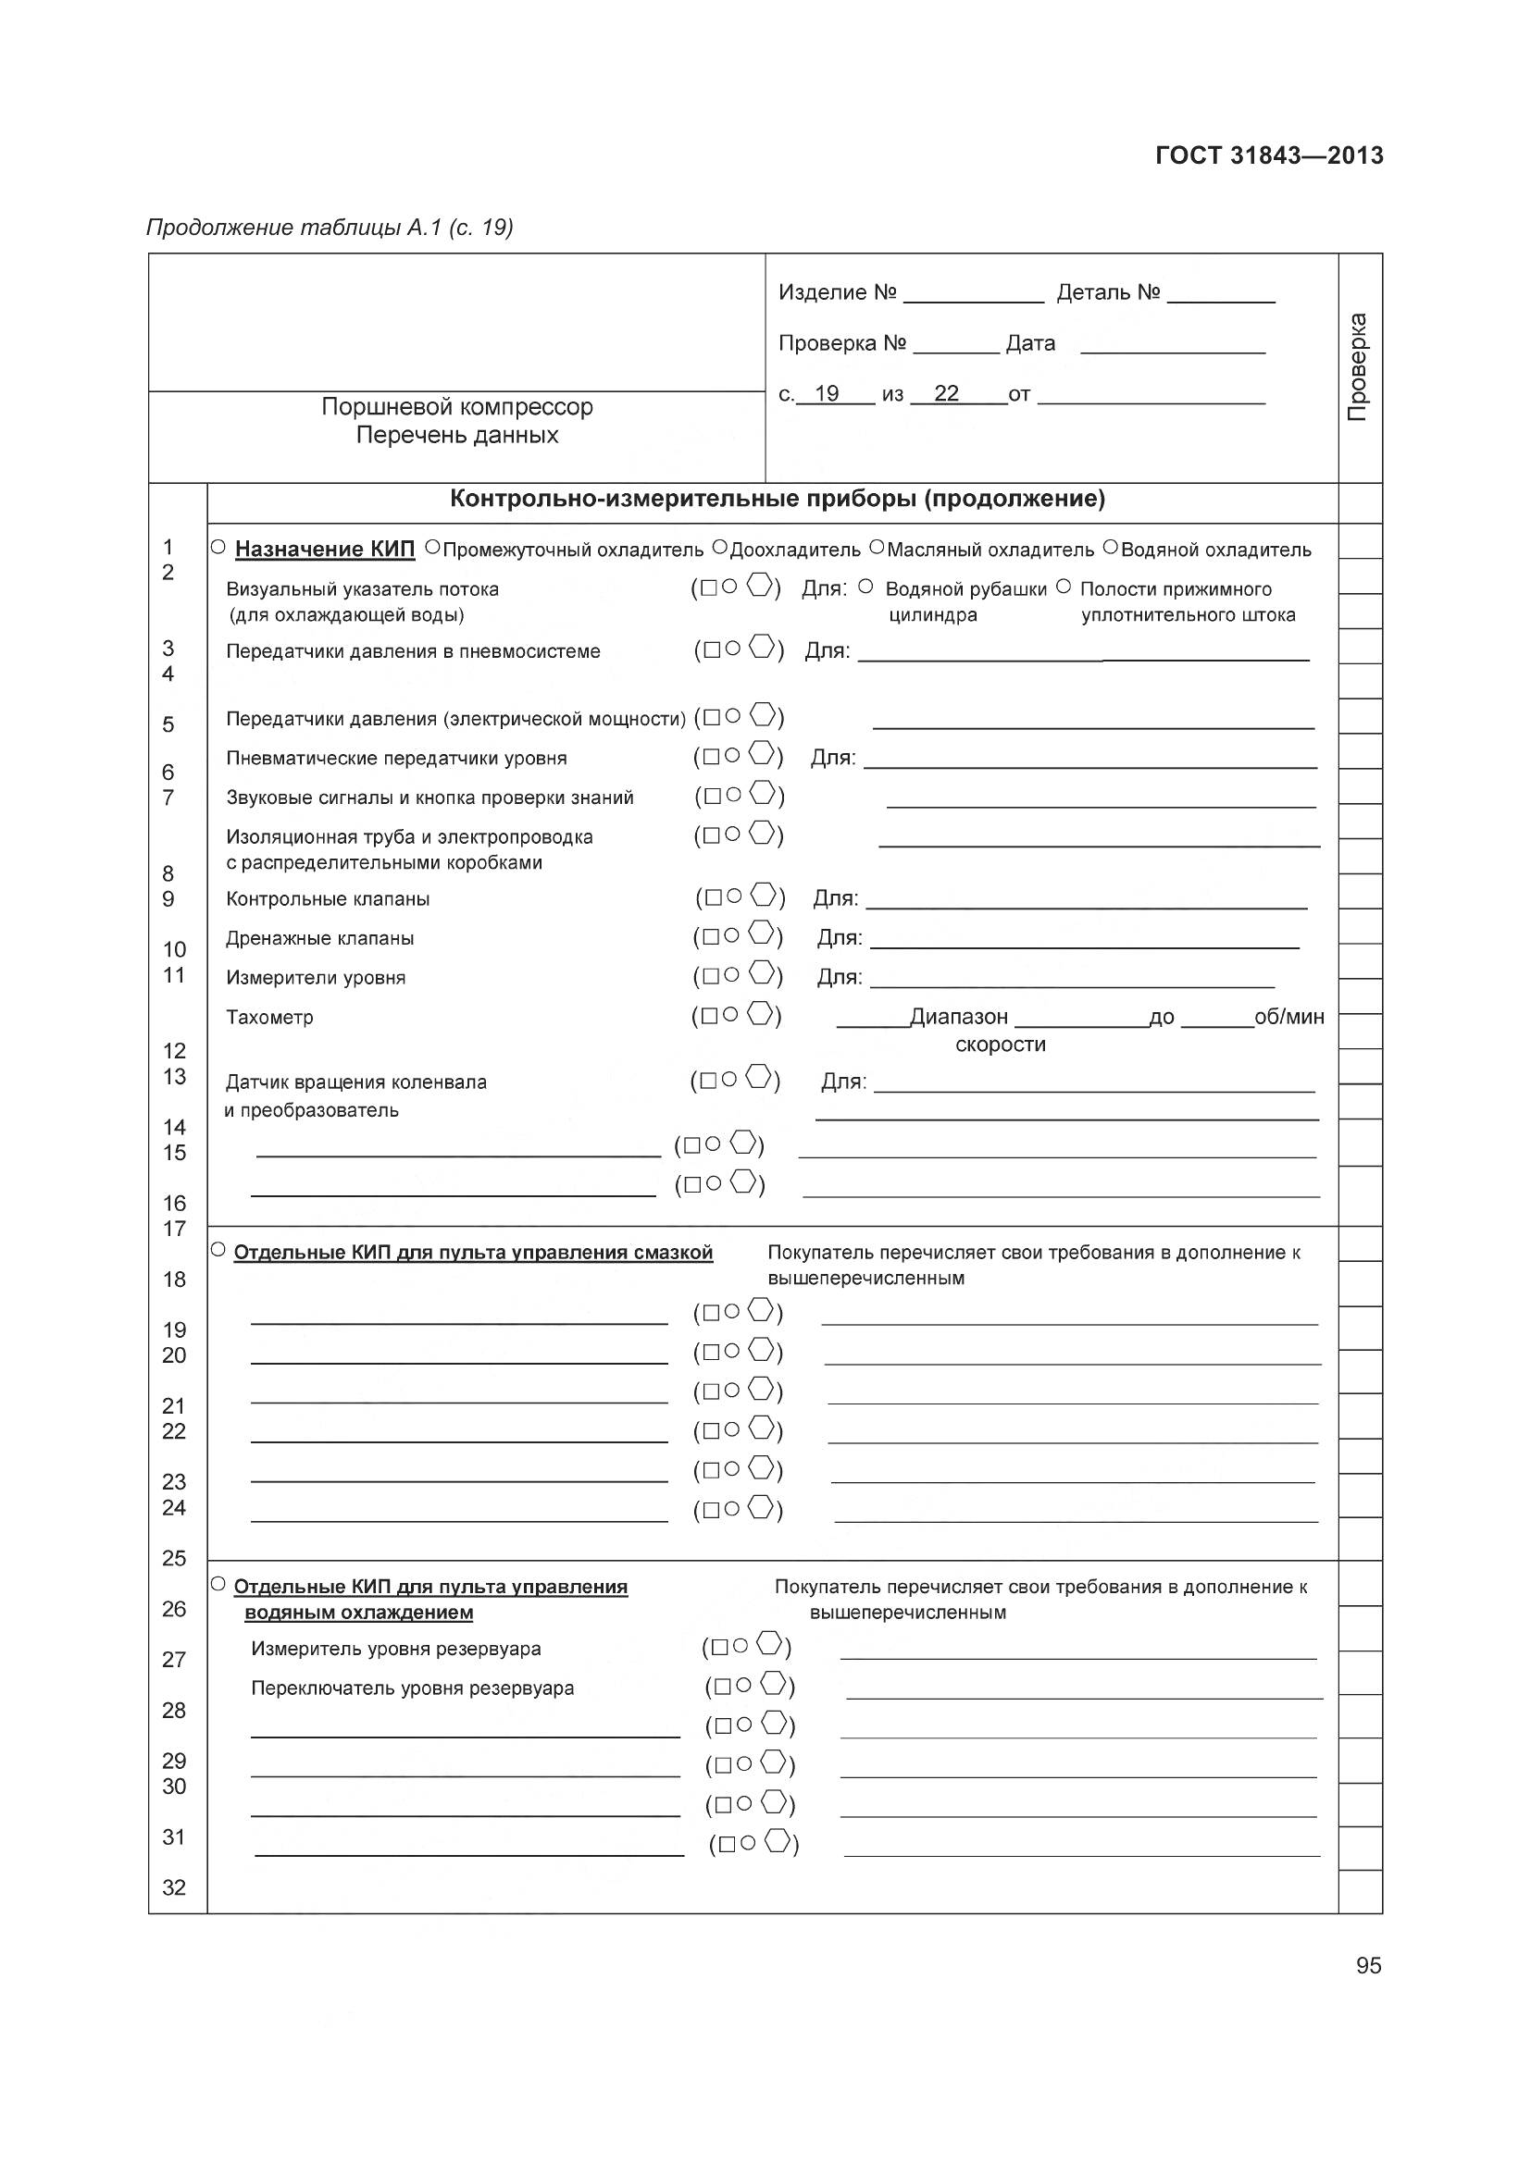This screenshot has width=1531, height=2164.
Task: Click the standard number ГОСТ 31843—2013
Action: [1269, 155]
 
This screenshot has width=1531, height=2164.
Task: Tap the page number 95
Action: [1368, 1965]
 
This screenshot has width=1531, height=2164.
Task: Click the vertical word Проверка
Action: [1358, 367]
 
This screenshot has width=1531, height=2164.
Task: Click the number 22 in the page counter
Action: [946, 394]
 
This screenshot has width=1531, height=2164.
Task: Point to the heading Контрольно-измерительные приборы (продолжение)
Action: [777, 499]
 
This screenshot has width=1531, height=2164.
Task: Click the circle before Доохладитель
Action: [719, 547]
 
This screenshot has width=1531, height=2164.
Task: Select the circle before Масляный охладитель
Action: [877, 547]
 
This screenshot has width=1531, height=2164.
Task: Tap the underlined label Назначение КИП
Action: [324, 550]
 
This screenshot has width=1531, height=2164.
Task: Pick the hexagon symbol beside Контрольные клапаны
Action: [765, 895]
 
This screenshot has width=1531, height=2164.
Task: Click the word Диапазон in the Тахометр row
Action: [959, 1017]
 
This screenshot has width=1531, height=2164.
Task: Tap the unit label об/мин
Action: [1288, 1017]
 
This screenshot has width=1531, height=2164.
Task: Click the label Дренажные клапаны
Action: [319, 939]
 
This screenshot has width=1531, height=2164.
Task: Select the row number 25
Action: [173, 1558]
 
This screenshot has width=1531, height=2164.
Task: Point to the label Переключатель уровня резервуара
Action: [412, 1688]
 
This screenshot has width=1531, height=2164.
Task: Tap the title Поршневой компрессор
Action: [457, 407]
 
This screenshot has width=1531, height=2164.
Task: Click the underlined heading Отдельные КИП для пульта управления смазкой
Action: [472, 1253]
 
